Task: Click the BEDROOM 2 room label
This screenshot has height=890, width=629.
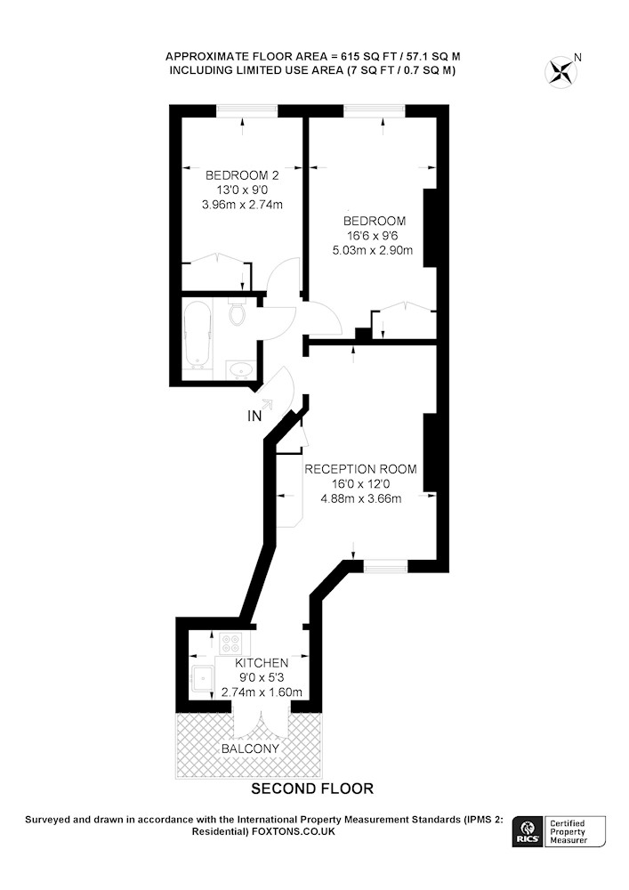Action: click(x=242, y=174)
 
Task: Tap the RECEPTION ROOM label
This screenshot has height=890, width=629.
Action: click(x=360, y=469)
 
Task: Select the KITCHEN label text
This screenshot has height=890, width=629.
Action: click(x=262, y=663)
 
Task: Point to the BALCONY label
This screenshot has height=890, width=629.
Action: click(x=250, y=748)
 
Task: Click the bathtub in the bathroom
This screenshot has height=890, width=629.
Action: click(x=198, y=335)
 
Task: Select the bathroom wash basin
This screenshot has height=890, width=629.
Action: click(x=242, y=370)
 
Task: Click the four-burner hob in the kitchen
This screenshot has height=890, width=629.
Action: click(x=230, y=643)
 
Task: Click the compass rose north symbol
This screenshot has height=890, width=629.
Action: click(x=560, y=72)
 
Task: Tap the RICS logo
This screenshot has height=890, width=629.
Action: click(x=528, y=831)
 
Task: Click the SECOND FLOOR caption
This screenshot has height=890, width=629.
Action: click(x=312, y=789)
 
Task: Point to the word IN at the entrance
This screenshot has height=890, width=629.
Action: click(x=254, y=416)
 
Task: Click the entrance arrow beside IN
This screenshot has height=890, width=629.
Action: click(x=266, y=404)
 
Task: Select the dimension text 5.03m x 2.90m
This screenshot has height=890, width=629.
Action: click(x=372, y=250)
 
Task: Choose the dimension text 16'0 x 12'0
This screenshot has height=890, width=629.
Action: click(x=360, y=484)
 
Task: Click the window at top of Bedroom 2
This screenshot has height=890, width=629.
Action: click(x=247, y=111)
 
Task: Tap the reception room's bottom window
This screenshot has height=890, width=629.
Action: click(x=386, y=566)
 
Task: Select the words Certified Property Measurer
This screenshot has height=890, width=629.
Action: click(x=568, y=831)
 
